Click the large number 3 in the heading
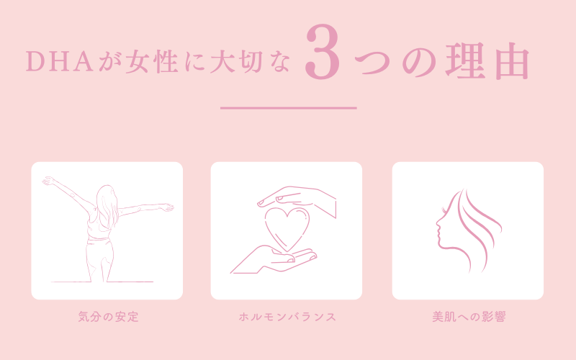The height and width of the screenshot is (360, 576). pyautogui.click(x=323, y=52)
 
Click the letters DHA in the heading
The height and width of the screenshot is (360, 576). pyautogui.click(x=60, y=61)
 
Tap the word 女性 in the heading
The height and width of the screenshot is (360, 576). pyautogui.click(x=152, y=61)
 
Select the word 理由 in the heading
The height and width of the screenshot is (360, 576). pyautogui.click(x=487, y=61)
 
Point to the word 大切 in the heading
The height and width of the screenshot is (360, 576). pyautogui.click(x=236, y=61)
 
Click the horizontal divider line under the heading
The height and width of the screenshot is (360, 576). pyautogui.click(x=289, y=108)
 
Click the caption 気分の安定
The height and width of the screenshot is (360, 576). pyautogui.click(x=109, y=317)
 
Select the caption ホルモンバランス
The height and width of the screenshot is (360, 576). pyautogui.click(x=287, y=317)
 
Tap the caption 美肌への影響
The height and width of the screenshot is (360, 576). pyautogui.click(x=469, y=317)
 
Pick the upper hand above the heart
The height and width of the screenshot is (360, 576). pyautogui.click(x=297, y=200)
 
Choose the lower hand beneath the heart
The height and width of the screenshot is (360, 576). pyautogui.click(x=274, y=260)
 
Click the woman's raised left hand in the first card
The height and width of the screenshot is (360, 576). pyautogui.click(x=49, y=181)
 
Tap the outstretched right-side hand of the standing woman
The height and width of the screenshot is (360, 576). pyautogui.click(x=167, y=207)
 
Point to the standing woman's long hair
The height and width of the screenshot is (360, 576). pyautogui.click(x=107, y=205)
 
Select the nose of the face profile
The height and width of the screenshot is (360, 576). pyautogui.click(x=438, y=223)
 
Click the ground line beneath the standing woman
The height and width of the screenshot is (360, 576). pyautogui.click(x=102, y=282)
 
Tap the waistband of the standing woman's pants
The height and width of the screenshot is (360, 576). pyautogui.click(x=99, y=239)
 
